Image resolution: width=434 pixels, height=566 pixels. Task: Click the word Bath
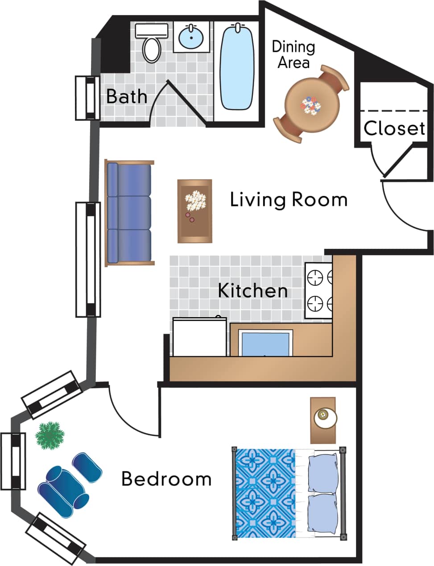(x=127, y=96)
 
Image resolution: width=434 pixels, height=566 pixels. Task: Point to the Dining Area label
(x=293, y=54)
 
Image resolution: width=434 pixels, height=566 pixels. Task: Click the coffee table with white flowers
(x=195, y=211)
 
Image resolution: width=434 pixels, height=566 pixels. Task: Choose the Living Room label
(x=289, y=199)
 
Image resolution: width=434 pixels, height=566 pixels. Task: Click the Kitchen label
(x=252, y=291)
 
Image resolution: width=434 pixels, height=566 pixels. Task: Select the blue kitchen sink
(x=265, y=344)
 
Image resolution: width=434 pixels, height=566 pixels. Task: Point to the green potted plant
(x=50, y=436)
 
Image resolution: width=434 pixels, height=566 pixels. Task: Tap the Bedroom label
(x=166, y=479)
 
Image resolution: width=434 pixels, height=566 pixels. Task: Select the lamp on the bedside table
(x=325, y=417)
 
